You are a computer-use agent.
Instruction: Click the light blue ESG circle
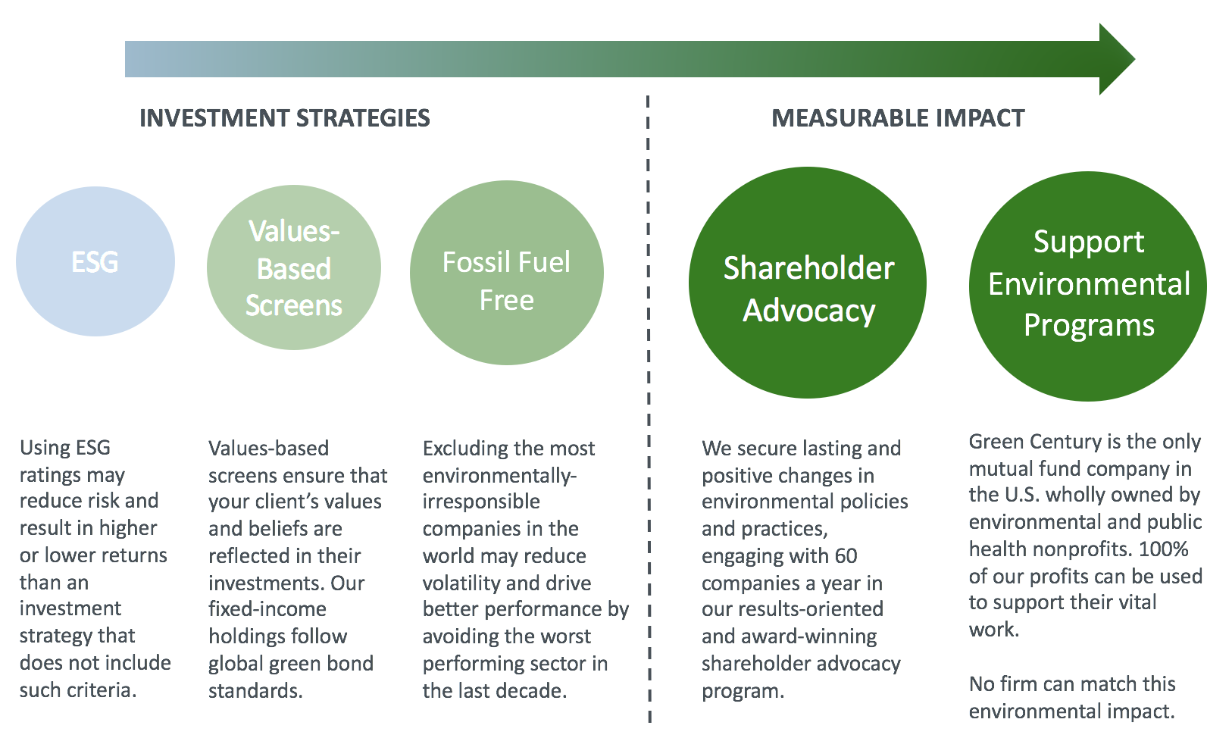pos(95,261)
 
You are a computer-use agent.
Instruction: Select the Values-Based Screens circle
pos(294,267)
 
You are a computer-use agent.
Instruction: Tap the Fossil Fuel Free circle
pos(507,273)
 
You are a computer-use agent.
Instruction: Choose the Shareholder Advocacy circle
pos(808,283)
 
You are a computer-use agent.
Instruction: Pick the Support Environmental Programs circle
pos(1088,286)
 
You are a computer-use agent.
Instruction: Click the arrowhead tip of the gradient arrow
pos(1135,59)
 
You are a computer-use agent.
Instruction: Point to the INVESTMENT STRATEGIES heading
pos(285,118)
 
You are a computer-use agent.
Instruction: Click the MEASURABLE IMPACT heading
pos(898,118)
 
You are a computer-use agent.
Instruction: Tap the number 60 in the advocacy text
pos(846,556)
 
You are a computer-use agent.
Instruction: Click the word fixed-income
pos(267,609)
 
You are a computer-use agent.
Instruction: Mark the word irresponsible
pos(481,502)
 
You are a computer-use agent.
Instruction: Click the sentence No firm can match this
pos(1072,684)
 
